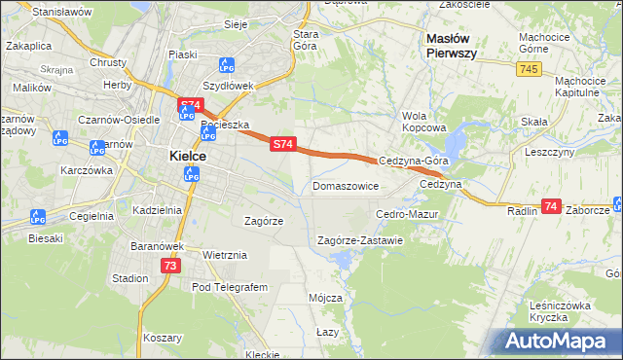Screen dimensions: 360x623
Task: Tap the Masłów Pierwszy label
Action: (451, 46)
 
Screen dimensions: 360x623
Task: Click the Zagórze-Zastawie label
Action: (360, 240)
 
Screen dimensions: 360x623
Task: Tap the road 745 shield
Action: (529, 68)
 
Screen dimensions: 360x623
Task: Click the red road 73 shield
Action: (170, 266)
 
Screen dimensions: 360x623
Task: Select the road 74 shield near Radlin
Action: (551, 206)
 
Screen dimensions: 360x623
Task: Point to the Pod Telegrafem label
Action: (230, 288)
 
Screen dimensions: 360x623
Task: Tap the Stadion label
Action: (129, 278)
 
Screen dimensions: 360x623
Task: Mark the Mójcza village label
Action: (324, 298)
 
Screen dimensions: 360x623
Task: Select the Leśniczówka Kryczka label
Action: (561, 311)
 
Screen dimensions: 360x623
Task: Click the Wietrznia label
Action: (225, 255)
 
